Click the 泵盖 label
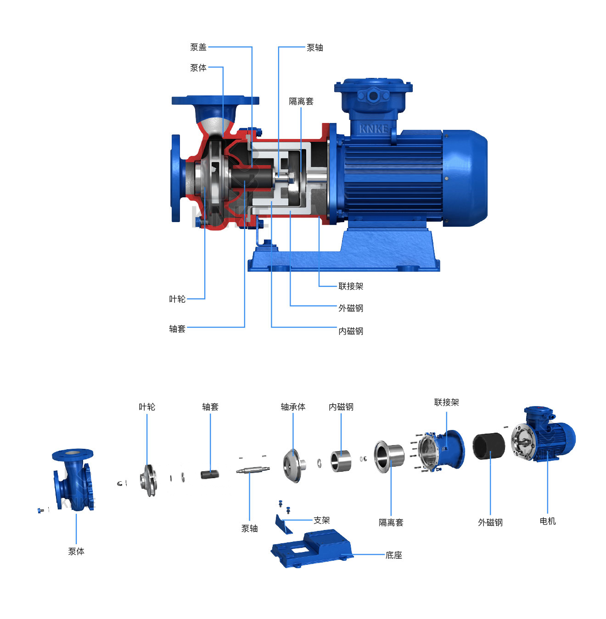pos(198,47)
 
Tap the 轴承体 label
pos(293,407)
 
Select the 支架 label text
pos(322,520)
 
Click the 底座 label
pos(394,555)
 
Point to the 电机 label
pos(547,521)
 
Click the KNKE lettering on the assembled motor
pos(373,129)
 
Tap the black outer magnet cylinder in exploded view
pos(488,446)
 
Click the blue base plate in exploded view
pos(312,548)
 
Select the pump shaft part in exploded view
pos(253,470)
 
